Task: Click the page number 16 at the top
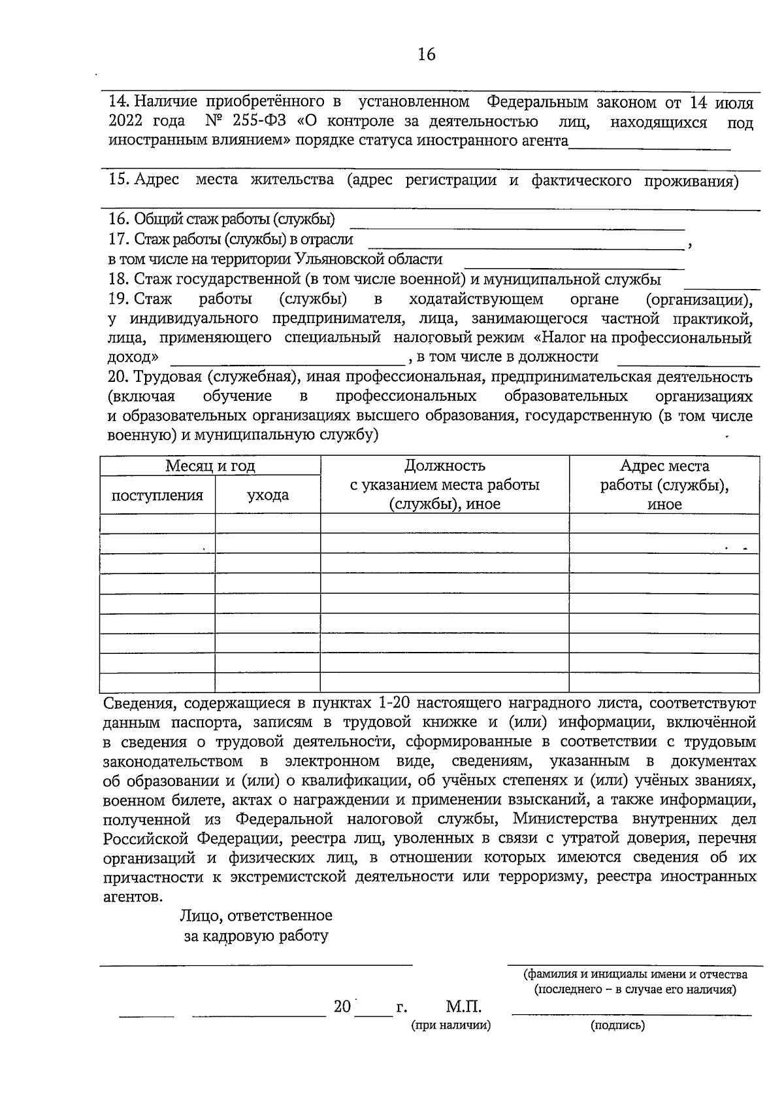pos(426,54)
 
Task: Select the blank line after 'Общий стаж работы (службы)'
pos(517,228)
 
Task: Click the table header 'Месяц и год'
pos(210,466)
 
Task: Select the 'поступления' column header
pos(157,495)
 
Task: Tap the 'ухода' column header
pos(268,495)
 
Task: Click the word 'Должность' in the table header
pos(445,466)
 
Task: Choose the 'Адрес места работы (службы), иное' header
pos(664,485)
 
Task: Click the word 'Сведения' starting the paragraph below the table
pos(139,704)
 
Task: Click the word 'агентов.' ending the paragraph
pos(131,896)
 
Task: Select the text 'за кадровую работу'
pos(256,936)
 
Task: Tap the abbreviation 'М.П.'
pos(464,1006)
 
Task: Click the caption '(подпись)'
pos(617,1025)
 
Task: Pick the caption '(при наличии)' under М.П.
pos(451,1025)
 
